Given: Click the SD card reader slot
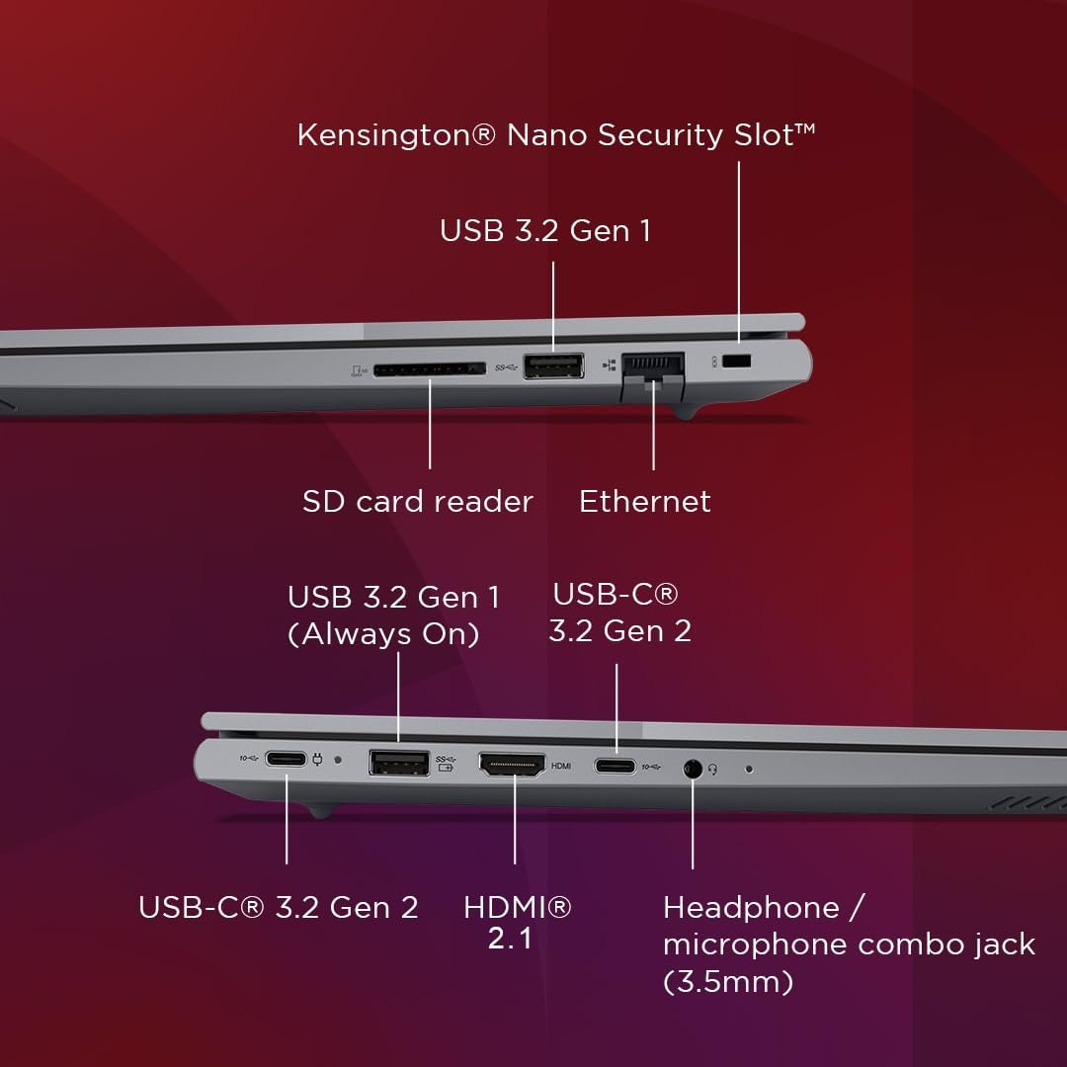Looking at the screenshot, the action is point(430,369).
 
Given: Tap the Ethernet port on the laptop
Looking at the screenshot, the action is point(653,375).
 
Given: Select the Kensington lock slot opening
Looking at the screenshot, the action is point(736,361).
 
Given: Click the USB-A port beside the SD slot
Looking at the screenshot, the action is point(553,367).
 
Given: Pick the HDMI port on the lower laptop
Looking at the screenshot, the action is point(513,765).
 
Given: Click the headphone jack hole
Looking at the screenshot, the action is point(693,769).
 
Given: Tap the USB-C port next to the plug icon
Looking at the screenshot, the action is point(286,758).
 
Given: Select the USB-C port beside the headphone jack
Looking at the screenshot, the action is point(616,767).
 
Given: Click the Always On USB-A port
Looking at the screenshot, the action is point(399,763).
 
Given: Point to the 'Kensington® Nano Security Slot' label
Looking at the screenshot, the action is point(556,134).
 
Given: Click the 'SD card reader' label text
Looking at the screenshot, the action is point(418,502).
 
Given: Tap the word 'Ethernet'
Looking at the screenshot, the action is point(645,502).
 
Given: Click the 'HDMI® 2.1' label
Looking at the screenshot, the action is point(517,923).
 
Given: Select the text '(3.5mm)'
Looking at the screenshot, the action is point(728,981).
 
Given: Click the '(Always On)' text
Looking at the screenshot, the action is point(383,634).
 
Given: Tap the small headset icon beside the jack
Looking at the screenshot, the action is point(712,769).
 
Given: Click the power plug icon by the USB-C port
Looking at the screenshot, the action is point(317,759).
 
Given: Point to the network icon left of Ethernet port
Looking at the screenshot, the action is point(609,366).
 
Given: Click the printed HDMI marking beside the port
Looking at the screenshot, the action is point(561,767).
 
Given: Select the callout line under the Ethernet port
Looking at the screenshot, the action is point(653,425).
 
